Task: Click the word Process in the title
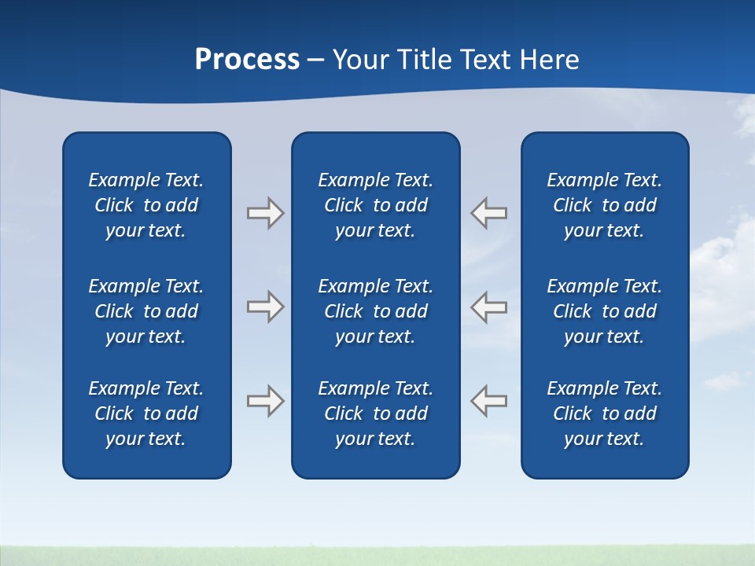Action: [x=247, y=60]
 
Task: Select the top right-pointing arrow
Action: [x=265, y=213]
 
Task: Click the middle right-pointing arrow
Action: [x=265, y=306]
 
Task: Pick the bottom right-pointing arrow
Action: [x=265, y=400]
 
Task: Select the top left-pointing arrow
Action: [x=489, y=213]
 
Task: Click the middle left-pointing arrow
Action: [x=489, y=306]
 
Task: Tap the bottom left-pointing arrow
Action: [x=489, y=400]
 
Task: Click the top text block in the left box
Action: [x=146, y=205]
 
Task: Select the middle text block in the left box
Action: [x=146, y=311]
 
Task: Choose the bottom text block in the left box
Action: [x=146, y=413]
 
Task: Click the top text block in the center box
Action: [x=376, y=205]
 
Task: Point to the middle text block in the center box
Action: [x=376, y=311]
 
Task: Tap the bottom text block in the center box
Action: [x=376, y=413]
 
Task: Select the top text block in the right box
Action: [x=605, y=205]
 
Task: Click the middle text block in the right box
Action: [x=605, y=311]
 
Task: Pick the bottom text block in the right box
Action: [x=605, y=413]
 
